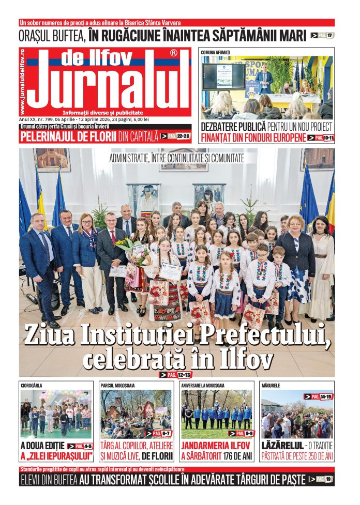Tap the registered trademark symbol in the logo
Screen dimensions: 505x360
click(173, 53)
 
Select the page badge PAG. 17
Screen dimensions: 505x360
click(322, 36)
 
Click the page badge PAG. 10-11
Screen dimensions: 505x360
click(321, 138)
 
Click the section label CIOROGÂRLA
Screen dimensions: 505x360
click(32, 386)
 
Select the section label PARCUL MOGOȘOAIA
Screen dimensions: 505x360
click(120, 386)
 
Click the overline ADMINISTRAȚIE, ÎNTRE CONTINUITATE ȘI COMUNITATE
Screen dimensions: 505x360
click(176, 159)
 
